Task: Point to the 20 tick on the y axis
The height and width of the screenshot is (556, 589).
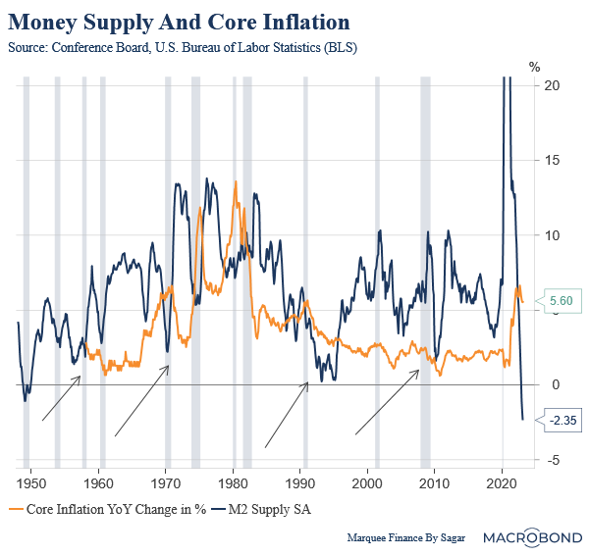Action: [553, 86]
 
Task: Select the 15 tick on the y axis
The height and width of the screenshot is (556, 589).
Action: [553, 161]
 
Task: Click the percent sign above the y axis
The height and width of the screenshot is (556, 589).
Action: [536, 67]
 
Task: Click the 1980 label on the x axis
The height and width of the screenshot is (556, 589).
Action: [233, 483]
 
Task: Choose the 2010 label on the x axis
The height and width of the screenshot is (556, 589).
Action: [435, 483]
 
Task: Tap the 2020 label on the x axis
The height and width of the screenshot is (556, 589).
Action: [502, 483]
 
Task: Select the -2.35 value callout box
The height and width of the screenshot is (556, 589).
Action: [562, 420]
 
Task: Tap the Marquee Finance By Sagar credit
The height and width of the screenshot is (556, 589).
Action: [404, 538]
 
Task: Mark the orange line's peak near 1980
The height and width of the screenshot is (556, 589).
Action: [236, 182]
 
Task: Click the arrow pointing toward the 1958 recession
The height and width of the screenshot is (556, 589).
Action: [61, 398]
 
